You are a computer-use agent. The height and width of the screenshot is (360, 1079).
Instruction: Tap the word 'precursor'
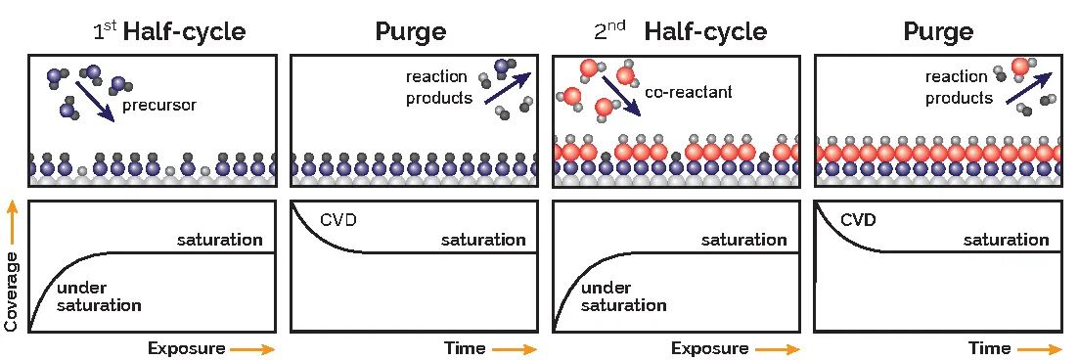(x=158, y=106)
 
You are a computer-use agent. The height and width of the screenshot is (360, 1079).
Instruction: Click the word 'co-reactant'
(x=689, y=92)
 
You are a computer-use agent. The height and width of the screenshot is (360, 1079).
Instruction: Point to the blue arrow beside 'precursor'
(x=95, y=101)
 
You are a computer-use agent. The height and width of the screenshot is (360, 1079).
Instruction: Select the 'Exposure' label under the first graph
(x=187, y=348)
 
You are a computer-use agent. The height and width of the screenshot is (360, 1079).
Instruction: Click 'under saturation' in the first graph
(x=99, y=296)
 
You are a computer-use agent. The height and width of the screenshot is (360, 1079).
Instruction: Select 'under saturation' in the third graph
(x=623, y=296)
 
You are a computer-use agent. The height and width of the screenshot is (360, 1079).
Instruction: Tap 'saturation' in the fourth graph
(x=1006, y=241)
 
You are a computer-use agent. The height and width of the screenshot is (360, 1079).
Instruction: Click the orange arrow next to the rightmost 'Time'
(x=1040, y=349)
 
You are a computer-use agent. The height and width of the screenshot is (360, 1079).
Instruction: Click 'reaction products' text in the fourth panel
(x=960, y=87)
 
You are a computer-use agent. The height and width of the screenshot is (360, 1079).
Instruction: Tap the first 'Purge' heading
(x=411, y=31)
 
